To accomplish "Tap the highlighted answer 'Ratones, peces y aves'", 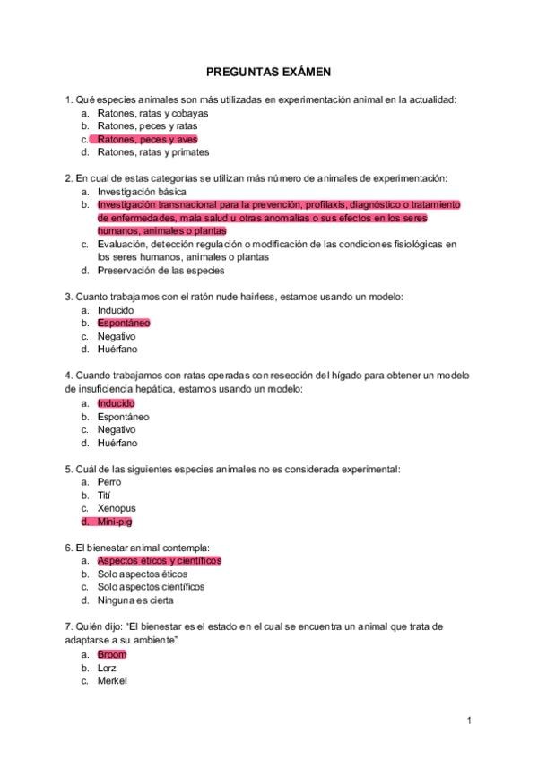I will click(x=147, y=139).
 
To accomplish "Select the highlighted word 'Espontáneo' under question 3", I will click(x=124, y=323).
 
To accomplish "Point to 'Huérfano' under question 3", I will click(x=117, y=349).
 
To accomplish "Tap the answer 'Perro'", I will click(x=108, y=481).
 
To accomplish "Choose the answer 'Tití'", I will click(x=105, y=495).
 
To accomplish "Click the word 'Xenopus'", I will click(x=117, y=508).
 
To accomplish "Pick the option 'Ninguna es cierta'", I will click(x=135, y=600).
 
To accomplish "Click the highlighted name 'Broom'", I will click(x=112, y=654).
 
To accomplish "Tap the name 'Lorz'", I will click(x=107, y=668).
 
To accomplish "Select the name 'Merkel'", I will click(x=112, y=680).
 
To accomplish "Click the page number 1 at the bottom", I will click(x=469, y=720).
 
